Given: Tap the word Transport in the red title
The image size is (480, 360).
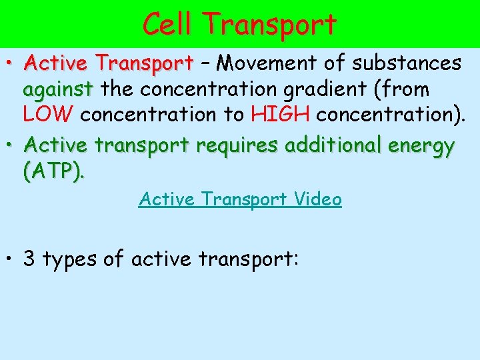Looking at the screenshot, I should click(x=271, y=25).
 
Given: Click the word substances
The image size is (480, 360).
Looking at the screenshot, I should click(x=407, y=63).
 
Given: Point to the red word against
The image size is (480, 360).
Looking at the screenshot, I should click(x=57, y=89).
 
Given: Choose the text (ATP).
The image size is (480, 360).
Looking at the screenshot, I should click(x=54, y=171).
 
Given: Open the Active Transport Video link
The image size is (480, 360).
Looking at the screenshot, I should click(x=240, y=199).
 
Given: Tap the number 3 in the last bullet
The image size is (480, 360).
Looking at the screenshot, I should click(x=30, y=259).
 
